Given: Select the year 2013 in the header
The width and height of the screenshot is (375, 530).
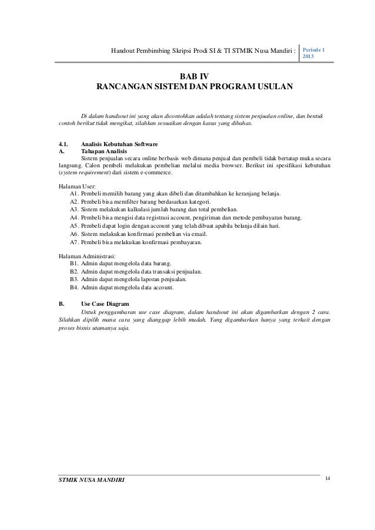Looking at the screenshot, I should pyautogui.click(x=309, y=59).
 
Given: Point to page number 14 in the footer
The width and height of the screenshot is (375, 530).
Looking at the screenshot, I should pyautogui.click(x=327, y=481).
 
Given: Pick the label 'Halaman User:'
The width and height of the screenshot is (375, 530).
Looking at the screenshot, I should pyautogui.click(x=76, y=186).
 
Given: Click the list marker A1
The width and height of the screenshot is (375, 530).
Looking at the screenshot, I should pyautogui.click(x=74, y=194).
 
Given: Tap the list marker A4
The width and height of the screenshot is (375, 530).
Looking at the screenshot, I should pyautogui.click(x=74, y=218).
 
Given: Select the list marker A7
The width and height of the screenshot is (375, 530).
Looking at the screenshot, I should pyautogui.click(x=74, y=242).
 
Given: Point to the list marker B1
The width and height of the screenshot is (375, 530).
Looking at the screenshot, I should pyautogui.click(x=74, y=264).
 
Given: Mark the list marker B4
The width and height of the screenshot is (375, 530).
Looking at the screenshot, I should pyautogui.click(x=74, y=288).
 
